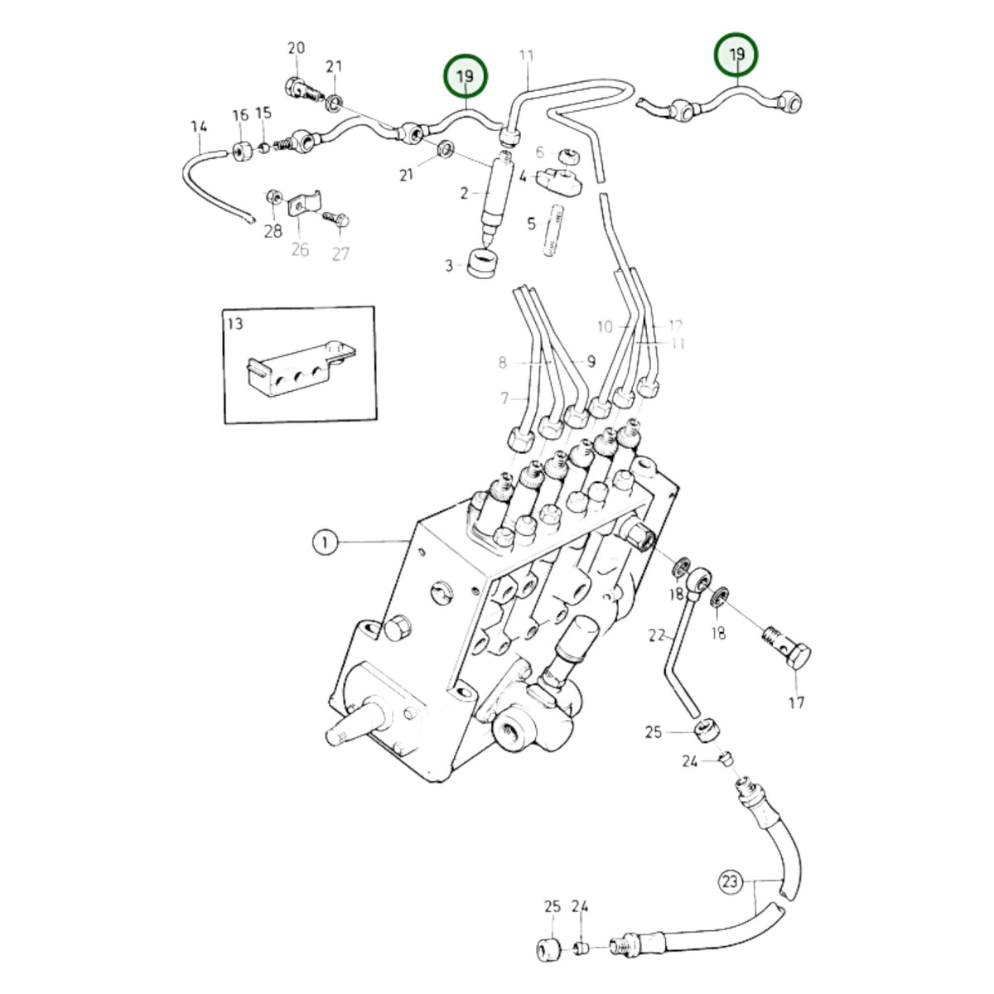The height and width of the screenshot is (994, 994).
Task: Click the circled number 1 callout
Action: [x=325, y=543]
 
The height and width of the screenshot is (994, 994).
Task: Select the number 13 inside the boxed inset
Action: [x=235, y=324]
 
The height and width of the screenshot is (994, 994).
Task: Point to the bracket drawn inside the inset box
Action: [x=301, y=367]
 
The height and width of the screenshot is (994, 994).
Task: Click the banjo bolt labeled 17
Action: [x=787, y=649]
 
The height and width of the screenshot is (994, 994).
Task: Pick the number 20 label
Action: [x=296, y=49]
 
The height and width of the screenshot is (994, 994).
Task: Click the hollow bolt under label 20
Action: [x=303, y=91]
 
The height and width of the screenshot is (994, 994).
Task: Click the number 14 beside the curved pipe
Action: [x=199, y=127]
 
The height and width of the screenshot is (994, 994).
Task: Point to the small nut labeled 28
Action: [x=274, y=198]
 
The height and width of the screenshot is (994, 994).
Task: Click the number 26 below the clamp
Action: [x=300, y=249]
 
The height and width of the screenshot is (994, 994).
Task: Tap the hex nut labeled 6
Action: [x=569, y=155]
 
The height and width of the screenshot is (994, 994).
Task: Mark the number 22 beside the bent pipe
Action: [x=657, y=635]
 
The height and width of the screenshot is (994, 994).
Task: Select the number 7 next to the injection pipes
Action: [x=504, y=398]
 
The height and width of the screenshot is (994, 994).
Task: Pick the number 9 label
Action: [x=591, y=362]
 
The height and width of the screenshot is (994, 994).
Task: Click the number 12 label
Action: [x=675, y=326]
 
